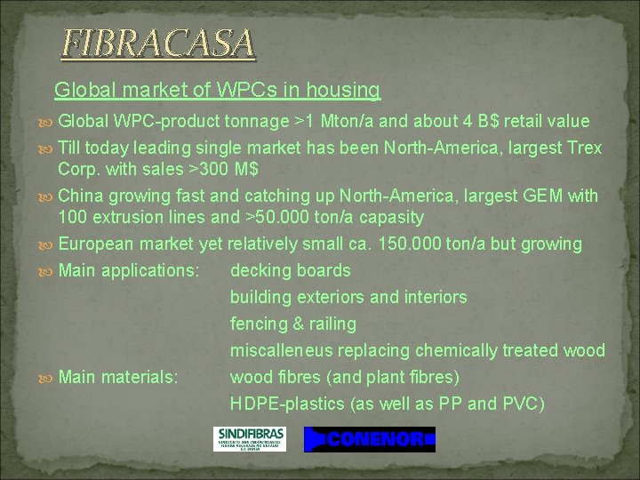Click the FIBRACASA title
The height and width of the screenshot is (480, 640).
click(x=158, y=43)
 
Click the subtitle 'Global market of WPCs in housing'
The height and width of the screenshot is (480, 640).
click(x=217, y=90)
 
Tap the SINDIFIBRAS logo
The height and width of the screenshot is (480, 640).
click(x=250, y=438)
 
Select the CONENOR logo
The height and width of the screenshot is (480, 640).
click(x=370, y=439)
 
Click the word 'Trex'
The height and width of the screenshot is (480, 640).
click(x=582, y=148)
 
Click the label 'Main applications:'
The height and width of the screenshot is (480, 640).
click(x=128, y=270)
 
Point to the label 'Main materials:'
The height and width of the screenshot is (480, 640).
click(x=118, y=377)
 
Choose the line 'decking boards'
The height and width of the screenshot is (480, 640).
click(x=290, y=270)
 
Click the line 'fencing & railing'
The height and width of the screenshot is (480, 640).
click(x=292, y=324)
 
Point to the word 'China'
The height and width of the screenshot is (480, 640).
click(x=81, y=196)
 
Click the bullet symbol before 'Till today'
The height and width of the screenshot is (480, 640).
click(x=46, y=148)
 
